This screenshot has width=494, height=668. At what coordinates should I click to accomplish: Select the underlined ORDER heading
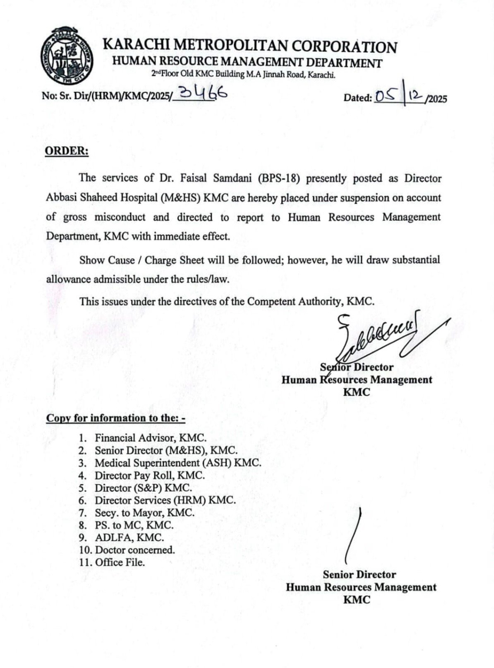point(67,151)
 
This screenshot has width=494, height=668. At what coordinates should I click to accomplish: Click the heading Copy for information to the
point(115,418)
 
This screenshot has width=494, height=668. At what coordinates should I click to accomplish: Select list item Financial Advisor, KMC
point(150,438)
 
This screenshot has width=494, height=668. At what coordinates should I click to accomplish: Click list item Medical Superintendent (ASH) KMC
point(178,463)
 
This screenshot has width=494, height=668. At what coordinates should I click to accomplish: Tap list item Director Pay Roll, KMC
point(149,475)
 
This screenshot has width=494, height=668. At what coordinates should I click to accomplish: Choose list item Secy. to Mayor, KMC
point(144,513)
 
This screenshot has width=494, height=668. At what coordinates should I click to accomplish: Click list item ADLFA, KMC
point(129,538)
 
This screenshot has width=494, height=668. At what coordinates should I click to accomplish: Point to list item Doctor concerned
point(135,550)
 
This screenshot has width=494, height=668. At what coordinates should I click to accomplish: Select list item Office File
point(120,562)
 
